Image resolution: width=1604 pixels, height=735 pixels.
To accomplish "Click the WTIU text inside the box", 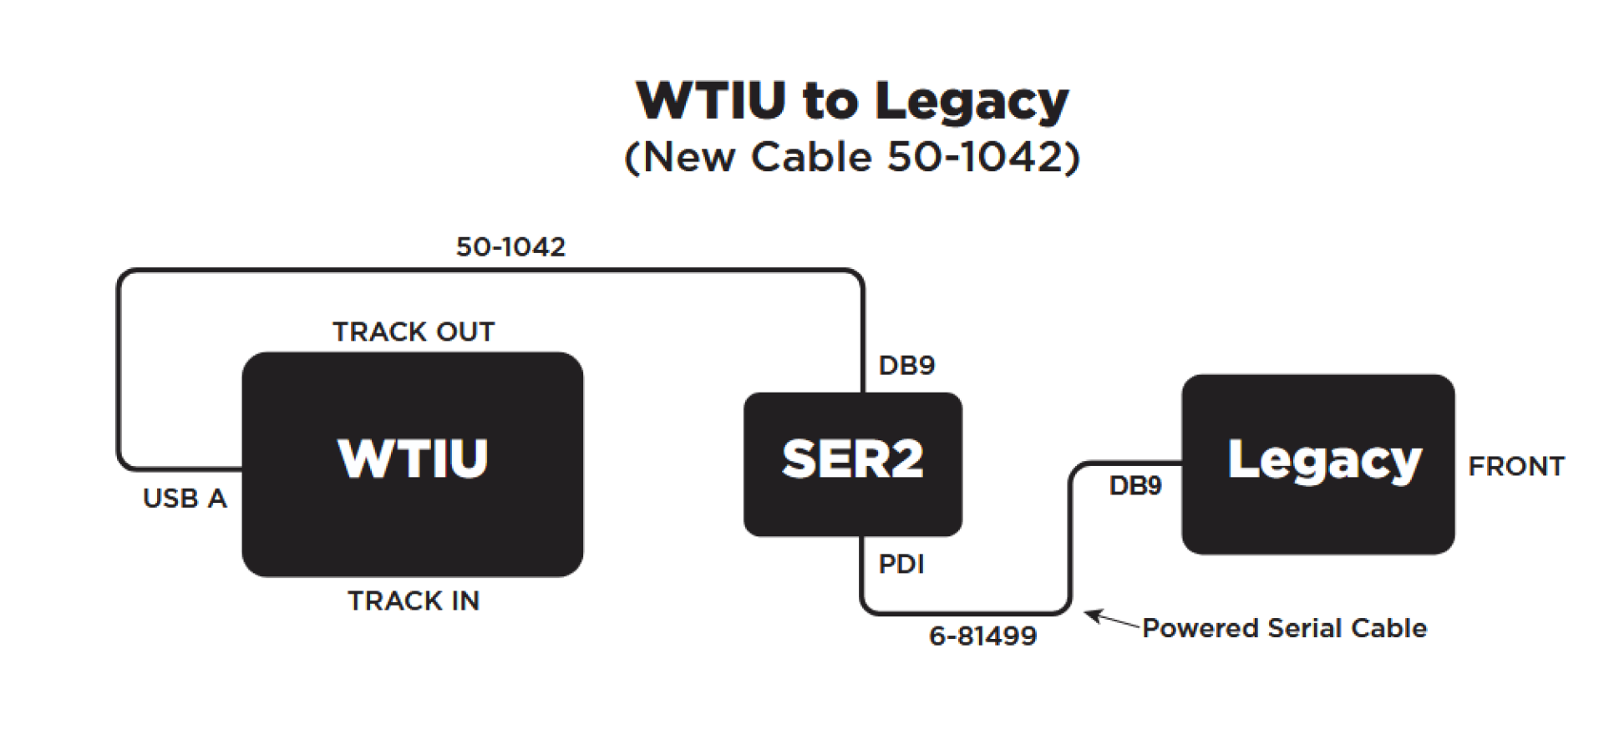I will (413, 459).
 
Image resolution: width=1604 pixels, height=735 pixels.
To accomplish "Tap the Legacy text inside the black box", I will (1324, 461).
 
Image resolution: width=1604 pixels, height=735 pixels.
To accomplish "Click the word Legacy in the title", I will (971, 102).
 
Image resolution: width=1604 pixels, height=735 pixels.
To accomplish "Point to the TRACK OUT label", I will (414, 332).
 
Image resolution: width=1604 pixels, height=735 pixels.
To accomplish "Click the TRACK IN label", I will (414, 601).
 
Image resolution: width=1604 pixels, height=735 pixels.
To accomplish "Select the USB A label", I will (185, 499).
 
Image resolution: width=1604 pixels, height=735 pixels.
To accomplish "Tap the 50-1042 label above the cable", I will (510, 247).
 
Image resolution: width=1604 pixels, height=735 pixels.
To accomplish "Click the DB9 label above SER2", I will (906, 365).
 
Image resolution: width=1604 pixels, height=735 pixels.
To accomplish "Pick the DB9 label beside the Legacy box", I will (1134, 486).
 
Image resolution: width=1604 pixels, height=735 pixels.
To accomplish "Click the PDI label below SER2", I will (901, 565).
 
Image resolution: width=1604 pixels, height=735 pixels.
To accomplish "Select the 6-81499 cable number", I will (982, 636).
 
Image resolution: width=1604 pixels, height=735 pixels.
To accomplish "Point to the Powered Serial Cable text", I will (1284, 628).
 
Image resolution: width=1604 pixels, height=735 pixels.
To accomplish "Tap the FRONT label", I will (1515, 466).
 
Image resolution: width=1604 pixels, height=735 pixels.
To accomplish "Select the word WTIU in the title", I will (711, 102).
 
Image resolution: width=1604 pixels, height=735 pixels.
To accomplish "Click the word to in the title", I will (830, 102).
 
